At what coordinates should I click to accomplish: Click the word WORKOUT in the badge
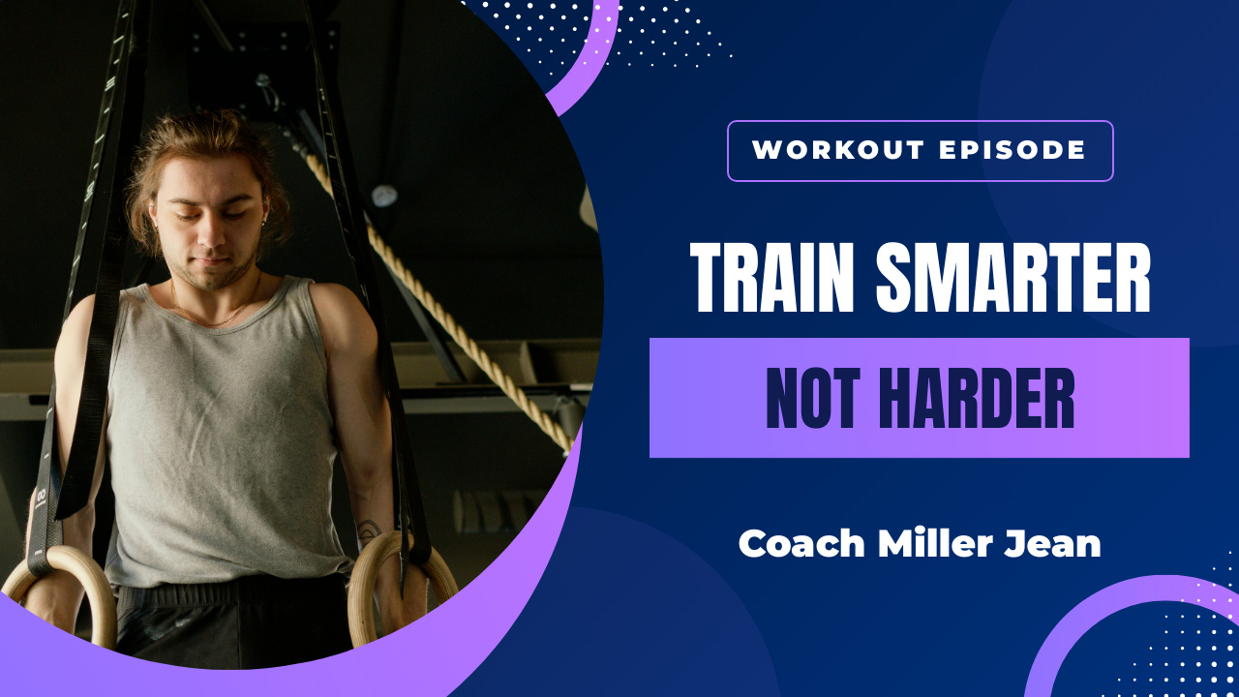(x=838, y=150)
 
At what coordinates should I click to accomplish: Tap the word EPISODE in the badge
(x=1012, y=150)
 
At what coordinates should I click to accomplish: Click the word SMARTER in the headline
(x=1013, y=277)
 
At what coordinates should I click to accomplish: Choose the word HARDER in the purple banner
(x=977, y=398)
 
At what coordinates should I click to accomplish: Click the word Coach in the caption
(x=801, y=543)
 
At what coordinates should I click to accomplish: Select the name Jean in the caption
(x=1053, y=543)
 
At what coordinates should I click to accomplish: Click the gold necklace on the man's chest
(x=216, y=318)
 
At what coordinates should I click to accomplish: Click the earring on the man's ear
(x=264, y=223)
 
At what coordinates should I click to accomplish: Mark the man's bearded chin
(x=215, y=281)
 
